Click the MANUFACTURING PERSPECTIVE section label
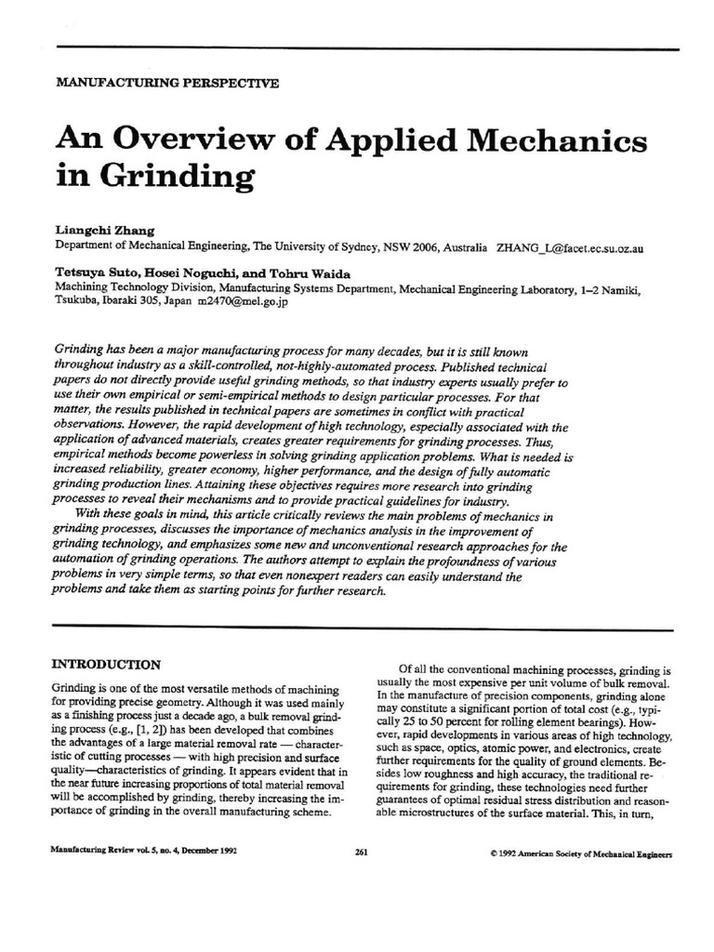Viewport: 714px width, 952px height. point(167,83)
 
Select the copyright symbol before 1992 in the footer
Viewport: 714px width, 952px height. point(491,853)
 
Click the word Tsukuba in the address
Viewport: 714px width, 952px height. point(77,302)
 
